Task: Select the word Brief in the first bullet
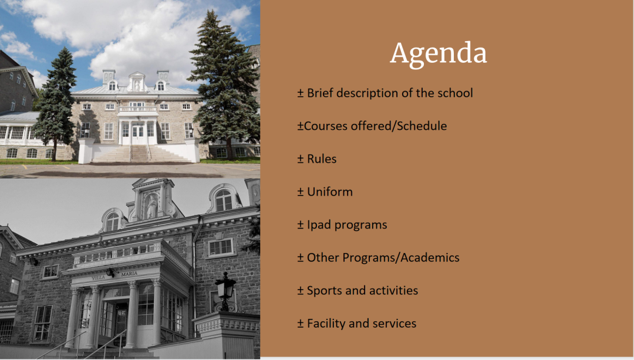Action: coord(321,93)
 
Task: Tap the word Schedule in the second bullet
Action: coord(421,126)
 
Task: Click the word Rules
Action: coord(322,159)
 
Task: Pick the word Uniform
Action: coord(329,191)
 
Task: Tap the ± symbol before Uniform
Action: coord(301,192)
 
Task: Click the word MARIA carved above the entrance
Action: coord(129,274)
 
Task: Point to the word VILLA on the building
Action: coord(98,277)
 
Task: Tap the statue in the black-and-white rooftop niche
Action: coord(151,206)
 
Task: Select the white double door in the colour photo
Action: coord(138,134)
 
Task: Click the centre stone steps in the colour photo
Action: coord(140,154)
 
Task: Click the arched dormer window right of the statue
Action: coord(223,200)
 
